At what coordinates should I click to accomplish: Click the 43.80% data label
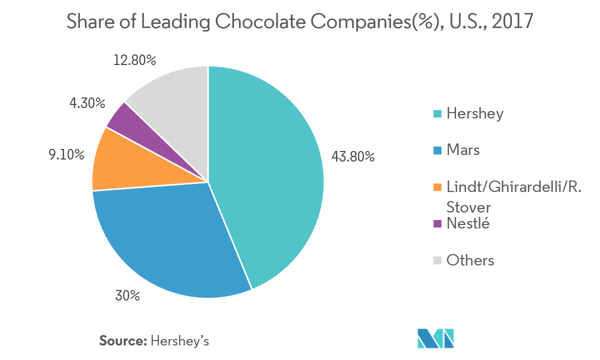(x=353, y=156)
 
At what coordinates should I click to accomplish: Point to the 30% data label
(x=127, y=296)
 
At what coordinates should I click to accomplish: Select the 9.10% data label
(x=66, y=155)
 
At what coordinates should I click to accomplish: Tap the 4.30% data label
(x=87, y=103)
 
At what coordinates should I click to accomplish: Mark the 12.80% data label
(x=134, y=60)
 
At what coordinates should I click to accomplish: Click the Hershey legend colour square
(x=437, y=114)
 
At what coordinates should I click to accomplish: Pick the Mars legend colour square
(x=437, y=150)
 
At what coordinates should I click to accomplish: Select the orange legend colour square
(x=437, y=187)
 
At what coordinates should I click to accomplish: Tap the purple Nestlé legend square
(x=437, y=224)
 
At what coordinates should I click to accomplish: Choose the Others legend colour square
(x=437, y=260)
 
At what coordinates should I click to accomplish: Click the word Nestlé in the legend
(x=468, y=223)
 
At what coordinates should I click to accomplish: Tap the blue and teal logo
(x=435, y=338)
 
